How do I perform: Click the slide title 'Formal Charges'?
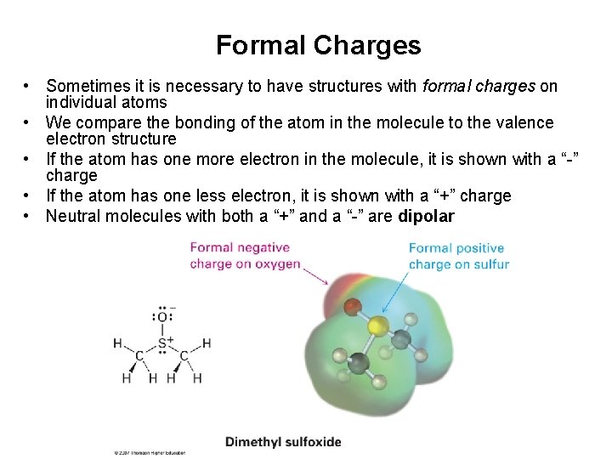coord(318,45)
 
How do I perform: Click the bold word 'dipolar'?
coord(426,216)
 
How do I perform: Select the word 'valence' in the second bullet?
coord(523,123)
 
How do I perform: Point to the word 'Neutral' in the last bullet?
coord(74,216)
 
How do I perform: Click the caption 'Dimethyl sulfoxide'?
coord(283,441)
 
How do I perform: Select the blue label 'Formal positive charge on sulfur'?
coord(458,257)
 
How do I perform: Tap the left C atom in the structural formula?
coord(140,355)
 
